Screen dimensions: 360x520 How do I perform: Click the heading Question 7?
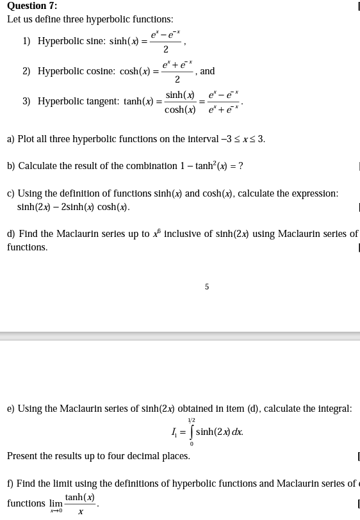pyautogui.click(x=32, y=6)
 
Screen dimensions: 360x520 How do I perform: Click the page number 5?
pyautogui.click(x=206, y=287)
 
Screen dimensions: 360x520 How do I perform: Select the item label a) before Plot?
pyautogui.click(x=11, y=139)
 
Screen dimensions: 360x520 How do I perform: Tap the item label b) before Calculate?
pyautogui.click(x=12, y=166)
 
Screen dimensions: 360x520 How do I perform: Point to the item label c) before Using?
pyautogui.click(x=11, y=193)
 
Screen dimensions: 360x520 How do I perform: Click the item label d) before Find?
pyautogui.click(x=12, y=234)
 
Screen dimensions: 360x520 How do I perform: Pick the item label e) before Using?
pyautogui.click(x=11, y=408)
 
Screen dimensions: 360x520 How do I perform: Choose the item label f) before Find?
pyautogui.click(x=10, y=483)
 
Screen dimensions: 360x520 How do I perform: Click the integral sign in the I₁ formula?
pyautogui.click(x=191, y=432)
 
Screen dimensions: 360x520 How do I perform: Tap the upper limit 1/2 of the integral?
pyautogui.click(x=191, y=420)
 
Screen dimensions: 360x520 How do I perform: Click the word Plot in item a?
pyautogui.click(x=26, y=139)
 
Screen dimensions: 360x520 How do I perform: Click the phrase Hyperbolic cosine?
pyautogui.click(x=77, y=71)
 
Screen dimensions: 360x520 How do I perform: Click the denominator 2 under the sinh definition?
pyautogui.click(x=166, y=50)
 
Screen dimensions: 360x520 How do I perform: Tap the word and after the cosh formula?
pyautogui.click(x=208, y=71)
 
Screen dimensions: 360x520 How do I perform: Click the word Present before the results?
pyautogui.click(x=23, y=456)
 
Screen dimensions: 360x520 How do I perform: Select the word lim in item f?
pyautogui.click(x=56, y=503)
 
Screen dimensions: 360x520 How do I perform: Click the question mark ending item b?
pyautogui.click(x=240, y=166)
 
